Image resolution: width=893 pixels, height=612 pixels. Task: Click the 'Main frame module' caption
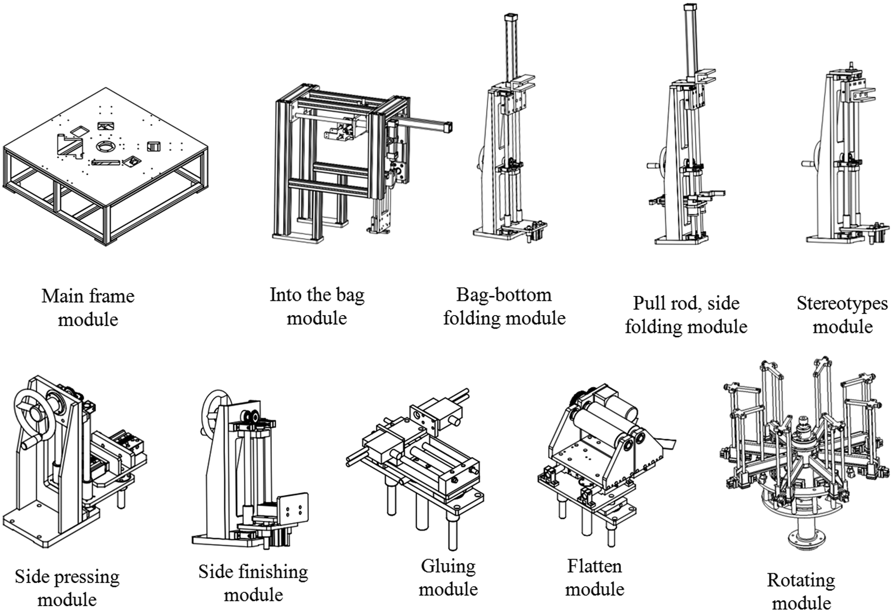pos(88,307)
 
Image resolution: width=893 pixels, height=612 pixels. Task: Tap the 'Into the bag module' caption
pos(317,306)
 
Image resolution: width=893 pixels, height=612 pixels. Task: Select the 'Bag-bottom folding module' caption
pos(504,306)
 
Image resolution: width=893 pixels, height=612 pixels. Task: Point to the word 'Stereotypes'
pos(842,303)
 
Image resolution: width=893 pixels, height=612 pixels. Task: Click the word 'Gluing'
pos(448,566)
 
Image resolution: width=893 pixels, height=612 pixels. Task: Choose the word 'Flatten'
pos(594,566)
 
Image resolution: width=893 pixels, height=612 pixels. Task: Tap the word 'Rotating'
pos(801,580)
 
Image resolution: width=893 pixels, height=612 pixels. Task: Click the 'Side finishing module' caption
pos(253,583)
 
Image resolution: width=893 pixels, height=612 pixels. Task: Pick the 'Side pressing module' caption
pos(67,588)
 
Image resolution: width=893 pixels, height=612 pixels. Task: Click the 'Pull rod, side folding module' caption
pos(686,315)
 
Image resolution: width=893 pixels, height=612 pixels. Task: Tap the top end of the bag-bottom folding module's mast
pos(510,17)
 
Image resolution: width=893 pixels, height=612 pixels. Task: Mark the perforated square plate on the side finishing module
pos(293,512)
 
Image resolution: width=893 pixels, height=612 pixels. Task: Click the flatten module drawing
pos(606,463)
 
